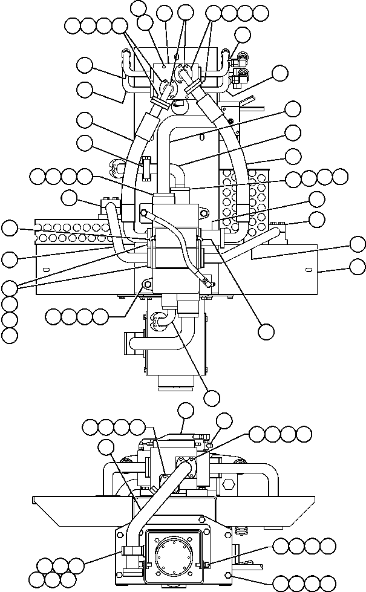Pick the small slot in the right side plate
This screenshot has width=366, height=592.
(x=309, y=269)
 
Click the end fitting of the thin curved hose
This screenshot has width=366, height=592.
(x=207, y=281)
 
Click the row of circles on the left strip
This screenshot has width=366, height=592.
(x=73, y=227)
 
